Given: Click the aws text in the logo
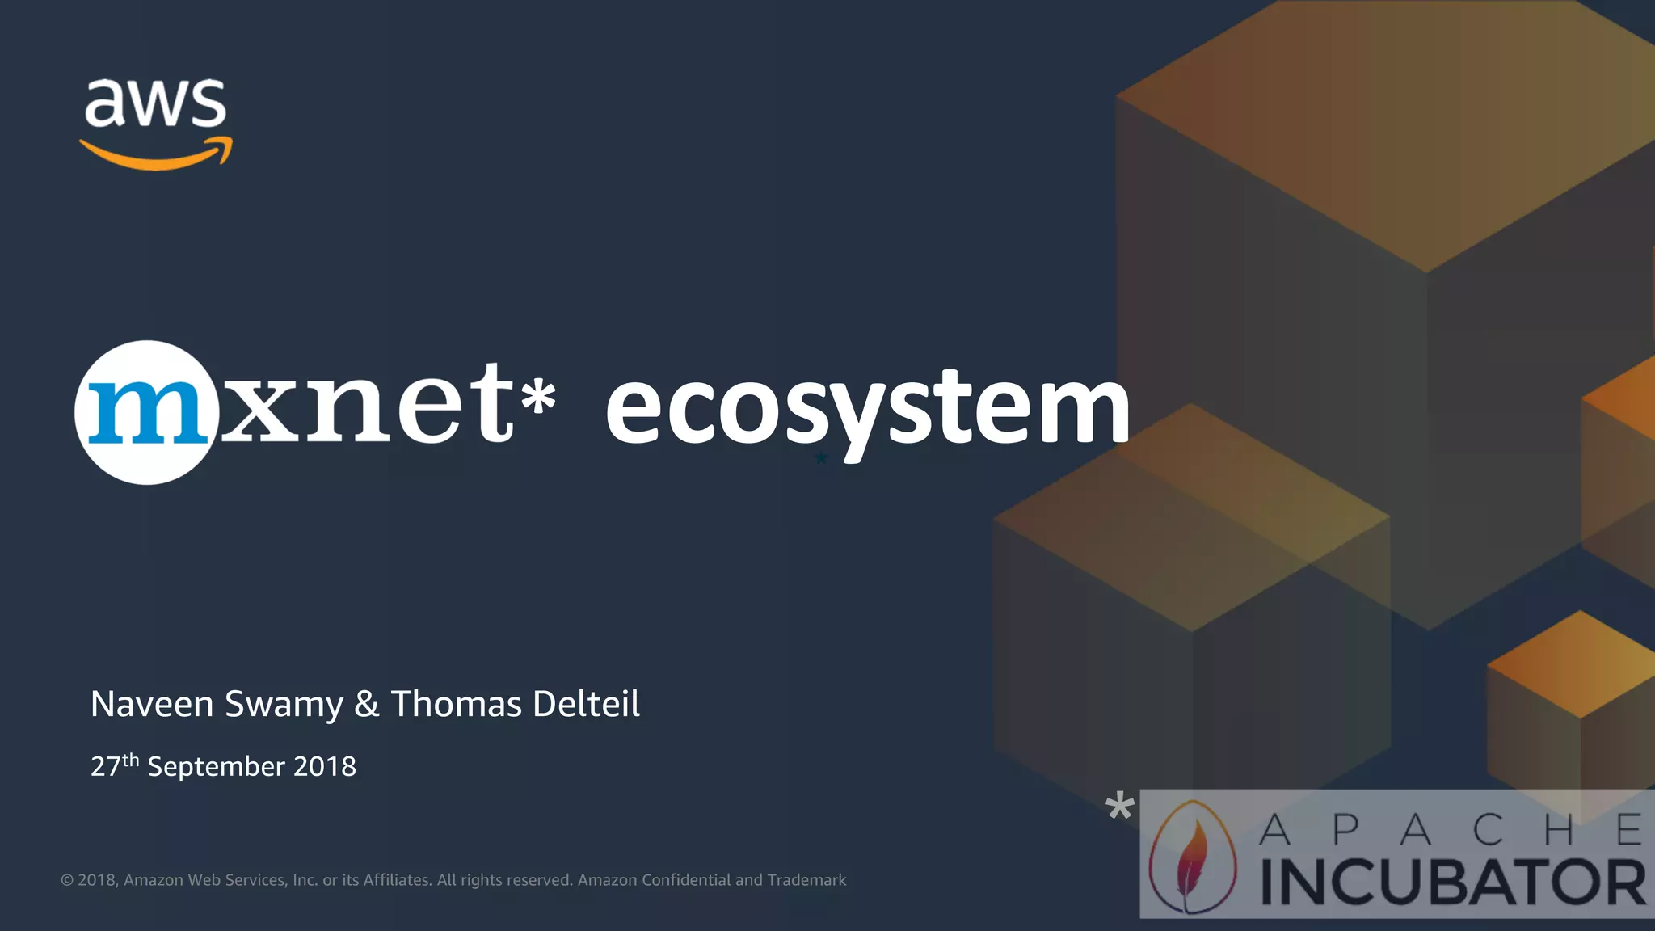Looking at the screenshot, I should tap(155, 103).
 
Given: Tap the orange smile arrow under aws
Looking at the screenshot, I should tap(156, 155).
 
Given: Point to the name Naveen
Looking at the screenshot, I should tap(151, 704).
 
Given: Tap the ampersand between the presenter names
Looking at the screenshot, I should tap(367, 704).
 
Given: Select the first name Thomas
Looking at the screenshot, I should tap(457, 704).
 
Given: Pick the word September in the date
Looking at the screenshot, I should tap(216, 767).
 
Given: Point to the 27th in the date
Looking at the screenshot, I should tap(114, 765).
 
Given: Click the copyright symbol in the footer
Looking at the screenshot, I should tap(67, 880).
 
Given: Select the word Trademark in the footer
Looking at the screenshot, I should tap(806, 880).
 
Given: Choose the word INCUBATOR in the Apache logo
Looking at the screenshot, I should tap(1453, 883).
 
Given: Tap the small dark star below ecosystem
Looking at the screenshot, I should tap(821, 459).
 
